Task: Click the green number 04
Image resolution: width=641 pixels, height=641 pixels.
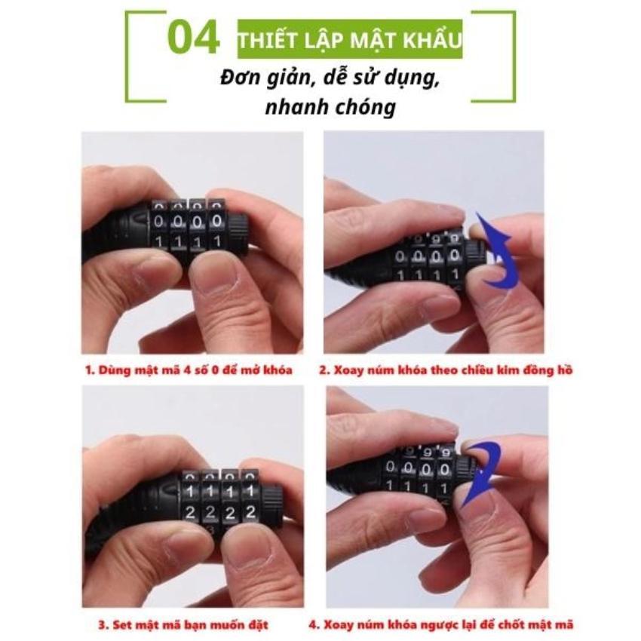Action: (193, 38)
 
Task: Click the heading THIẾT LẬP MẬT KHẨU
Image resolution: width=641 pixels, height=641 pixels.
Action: (350, 40)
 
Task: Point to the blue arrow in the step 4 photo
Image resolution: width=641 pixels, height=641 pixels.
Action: (483, 474)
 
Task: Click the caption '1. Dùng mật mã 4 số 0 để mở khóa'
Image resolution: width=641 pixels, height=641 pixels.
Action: (189, 370)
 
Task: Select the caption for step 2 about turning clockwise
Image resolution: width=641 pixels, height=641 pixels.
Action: (446, 370)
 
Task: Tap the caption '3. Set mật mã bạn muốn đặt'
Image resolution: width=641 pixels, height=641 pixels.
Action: (183, 625)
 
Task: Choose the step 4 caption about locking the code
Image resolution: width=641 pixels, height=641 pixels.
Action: (440, 625)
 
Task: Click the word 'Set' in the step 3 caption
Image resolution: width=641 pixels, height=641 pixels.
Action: (123, 625)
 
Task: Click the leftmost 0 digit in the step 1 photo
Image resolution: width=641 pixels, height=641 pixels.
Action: (158, 222)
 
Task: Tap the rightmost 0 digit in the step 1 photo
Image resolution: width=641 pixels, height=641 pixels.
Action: (217, 222)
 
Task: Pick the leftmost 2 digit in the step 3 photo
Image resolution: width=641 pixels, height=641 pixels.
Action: (190, 512)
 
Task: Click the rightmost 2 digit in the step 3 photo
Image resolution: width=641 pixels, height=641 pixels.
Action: (250, 512)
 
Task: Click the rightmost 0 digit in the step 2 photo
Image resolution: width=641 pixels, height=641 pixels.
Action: (454, 256)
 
